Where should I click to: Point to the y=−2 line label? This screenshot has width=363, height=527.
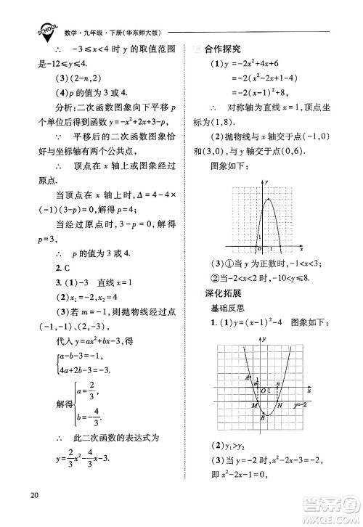(x=301, y=405)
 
